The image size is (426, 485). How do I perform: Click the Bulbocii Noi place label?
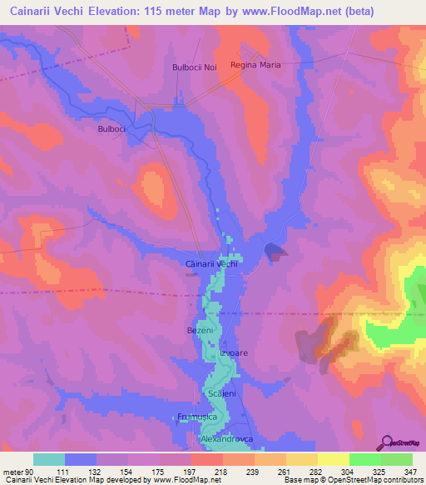(x=194, y=67)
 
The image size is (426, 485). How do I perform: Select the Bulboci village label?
(x=111, y=130)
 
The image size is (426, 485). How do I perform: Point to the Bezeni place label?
(x=201, y=331)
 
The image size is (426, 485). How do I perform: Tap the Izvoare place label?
(x=234, y=353)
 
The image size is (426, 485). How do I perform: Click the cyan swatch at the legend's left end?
(x=49, y=458)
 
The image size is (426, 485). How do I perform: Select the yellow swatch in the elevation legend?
(x=334, y=458)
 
